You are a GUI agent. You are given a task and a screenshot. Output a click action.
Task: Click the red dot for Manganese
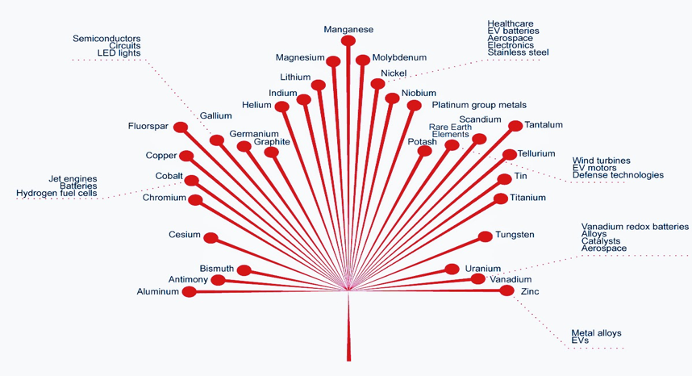pos(348,40)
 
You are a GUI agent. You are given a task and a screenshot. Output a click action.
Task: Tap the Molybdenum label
pos(399,58)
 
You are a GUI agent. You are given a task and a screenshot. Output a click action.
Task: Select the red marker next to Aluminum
pos(189,292)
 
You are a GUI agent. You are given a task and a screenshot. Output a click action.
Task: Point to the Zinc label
pos(530,290)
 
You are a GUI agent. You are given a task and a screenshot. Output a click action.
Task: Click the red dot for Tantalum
pos(515,126)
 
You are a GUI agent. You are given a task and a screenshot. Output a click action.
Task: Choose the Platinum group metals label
pos(479,105)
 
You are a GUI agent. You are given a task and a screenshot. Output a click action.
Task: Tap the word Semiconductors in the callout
pos(106,39)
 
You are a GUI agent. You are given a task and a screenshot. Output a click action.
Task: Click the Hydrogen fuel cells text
pos(56,194)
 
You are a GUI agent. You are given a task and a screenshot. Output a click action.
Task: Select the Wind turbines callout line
pos(601,161)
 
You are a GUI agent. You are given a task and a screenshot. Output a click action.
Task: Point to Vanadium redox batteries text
pos(635,227)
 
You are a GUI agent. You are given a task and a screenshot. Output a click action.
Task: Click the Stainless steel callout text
pos(518,52)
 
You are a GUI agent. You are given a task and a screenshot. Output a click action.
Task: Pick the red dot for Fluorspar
pos(181,127)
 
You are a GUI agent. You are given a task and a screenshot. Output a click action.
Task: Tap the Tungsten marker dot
pos(485,236)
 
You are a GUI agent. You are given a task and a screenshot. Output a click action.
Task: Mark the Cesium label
pos(185,235)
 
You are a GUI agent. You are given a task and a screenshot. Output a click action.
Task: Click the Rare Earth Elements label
pos(449,131)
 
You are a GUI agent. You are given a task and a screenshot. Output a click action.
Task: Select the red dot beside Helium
pos(281,107)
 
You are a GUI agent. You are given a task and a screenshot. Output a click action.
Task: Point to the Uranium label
pos(483,269)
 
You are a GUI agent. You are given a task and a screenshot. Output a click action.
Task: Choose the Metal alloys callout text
pos(596,333)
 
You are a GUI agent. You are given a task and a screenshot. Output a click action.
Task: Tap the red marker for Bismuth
pos(244,270)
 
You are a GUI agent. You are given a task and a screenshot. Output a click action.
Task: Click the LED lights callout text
pos(119,53)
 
